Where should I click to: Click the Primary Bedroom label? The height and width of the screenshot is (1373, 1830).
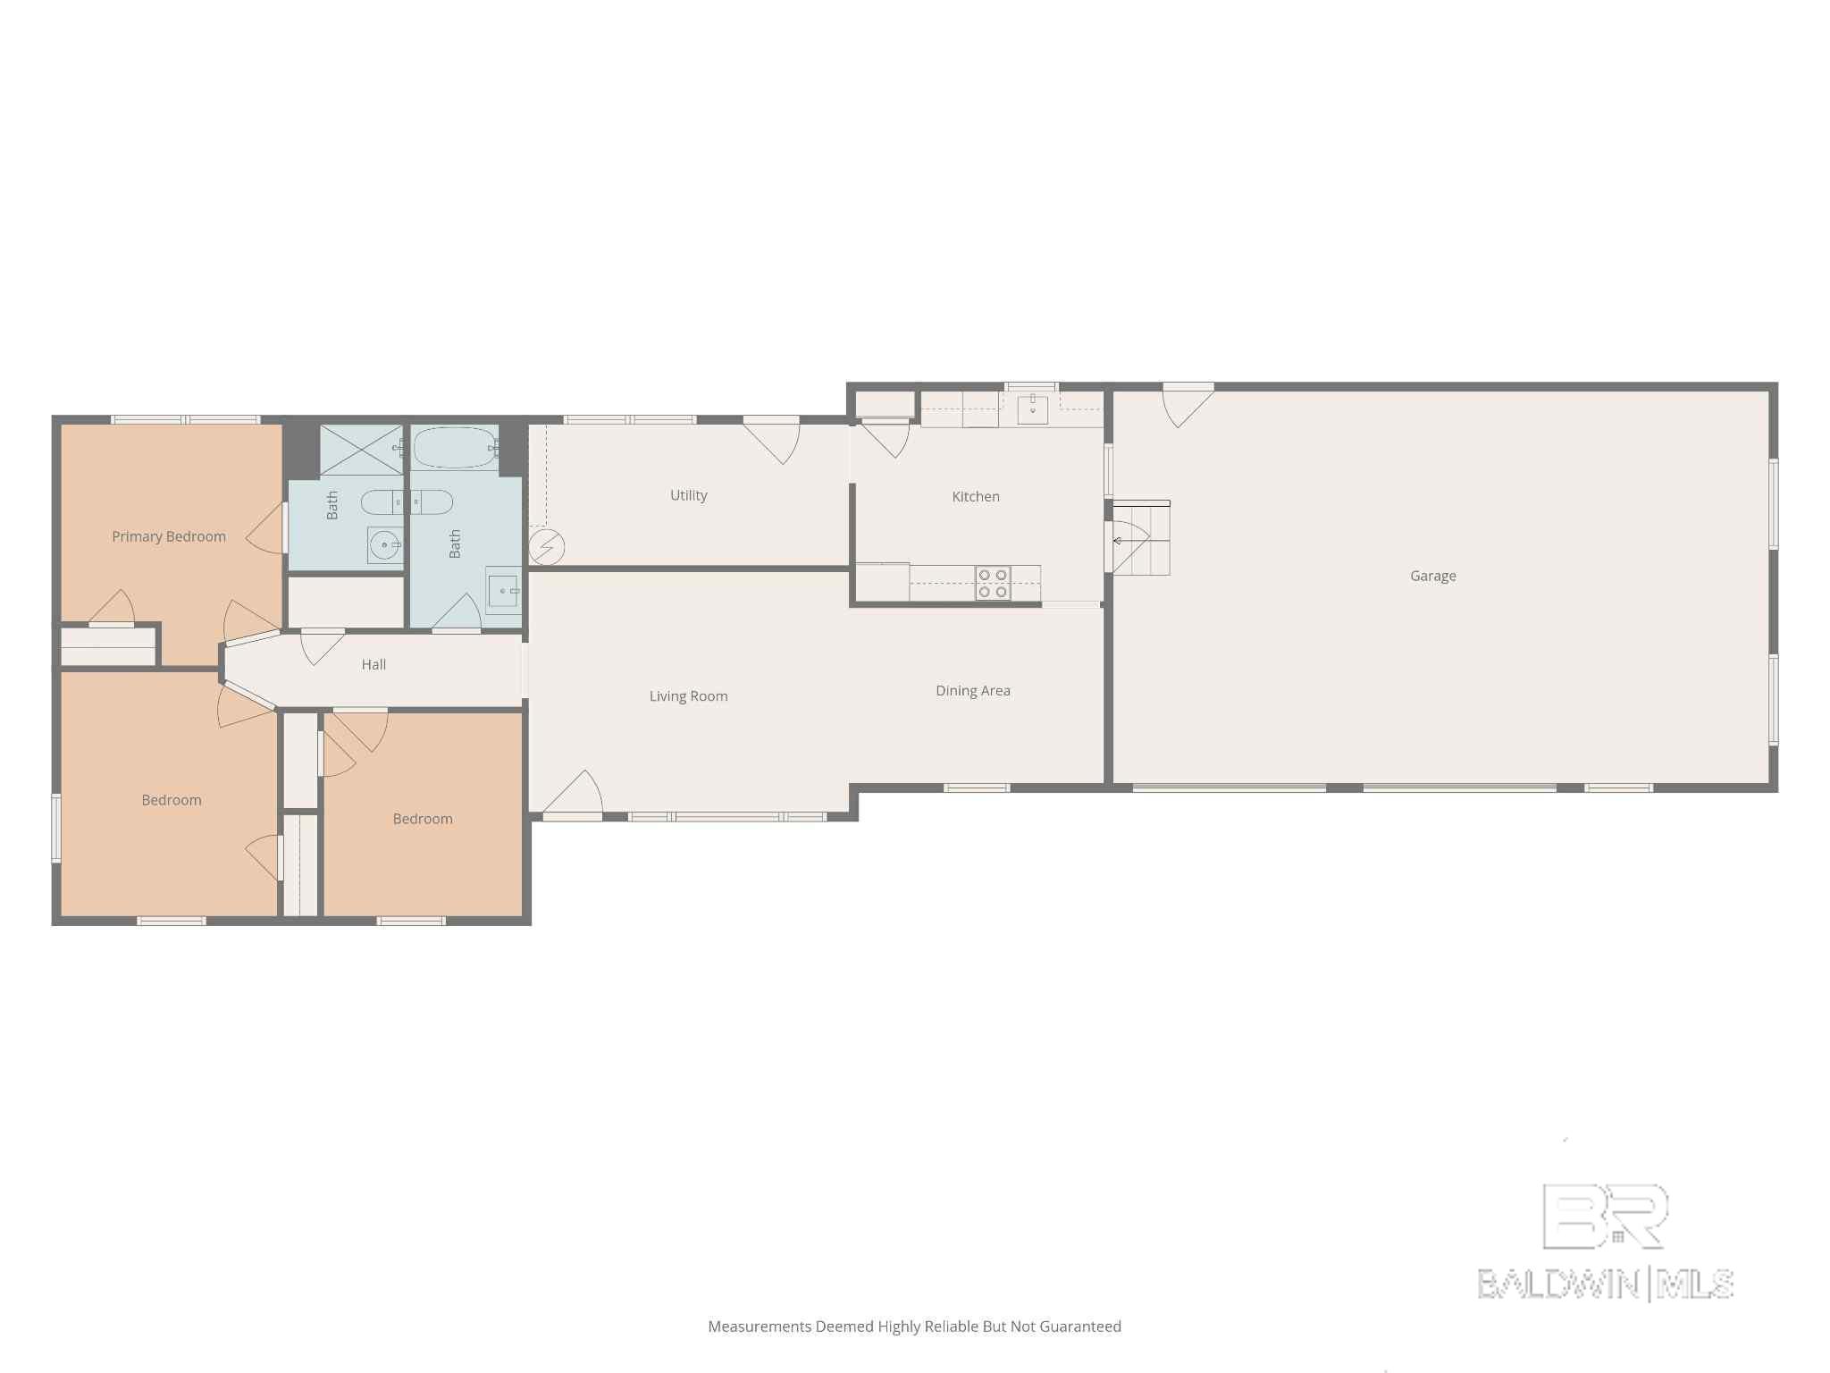coord(169,536)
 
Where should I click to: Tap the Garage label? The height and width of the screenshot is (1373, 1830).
coord(1432,576)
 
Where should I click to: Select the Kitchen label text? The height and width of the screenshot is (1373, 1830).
coord(976,496)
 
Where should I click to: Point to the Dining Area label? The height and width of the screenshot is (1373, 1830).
coord(973,690)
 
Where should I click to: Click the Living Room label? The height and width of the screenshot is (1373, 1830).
coord(688,696)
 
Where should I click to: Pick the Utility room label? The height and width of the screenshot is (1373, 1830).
coord(689,495)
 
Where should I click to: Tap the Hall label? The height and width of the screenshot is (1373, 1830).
coord(374,664)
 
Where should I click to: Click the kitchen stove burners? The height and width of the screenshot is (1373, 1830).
coord(993,583)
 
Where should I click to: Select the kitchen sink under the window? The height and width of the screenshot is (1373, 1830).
coord(1032,409)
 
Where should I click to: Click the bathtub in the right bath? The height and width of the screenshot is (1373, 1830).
coord(456,447)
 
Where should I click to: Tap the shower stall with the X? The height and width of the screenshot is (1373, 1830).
coord(362,450)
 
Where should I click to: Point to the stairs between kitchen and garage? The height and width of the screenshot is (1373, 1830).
coord(1141,537)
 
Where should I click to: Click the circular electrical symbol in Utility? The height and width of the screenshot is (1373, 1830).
coord(546,546)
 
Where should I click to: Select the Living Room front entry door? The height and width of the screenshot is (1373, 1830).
coord(572,796)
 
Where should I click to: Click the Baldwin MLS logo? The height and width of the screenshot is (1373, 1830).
coord(1606,1242)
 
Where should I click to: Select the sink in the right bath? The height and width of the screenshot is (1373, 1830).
coord(503,591)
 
